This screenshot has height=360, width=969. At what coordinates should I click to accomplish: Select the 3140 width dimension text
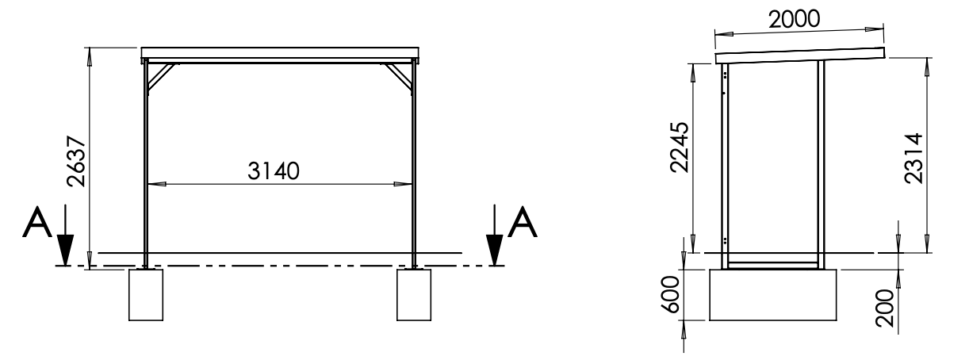274,171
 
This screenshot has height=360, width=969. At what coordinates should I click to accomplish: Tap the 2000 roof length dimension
795,20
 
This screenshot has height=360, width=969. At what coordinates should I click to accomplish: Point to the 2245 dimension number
679,147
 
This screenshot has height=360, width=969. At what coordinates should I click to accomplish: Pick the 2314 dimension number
914,159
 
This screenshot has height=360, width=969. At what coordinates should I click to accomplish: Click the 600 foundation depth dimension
671,295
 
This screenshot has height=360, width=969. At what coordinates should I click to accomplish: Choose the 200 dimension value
884,308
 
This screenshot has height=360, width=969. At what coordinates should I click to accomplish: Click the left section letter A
37,222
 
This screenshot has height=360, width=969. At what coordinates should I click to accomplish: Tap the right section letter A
522,222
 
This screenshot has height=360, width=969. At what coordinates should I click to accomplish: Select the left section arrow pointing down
65,235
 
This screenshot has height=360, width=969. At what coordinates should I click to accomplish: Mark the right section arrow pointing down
495,235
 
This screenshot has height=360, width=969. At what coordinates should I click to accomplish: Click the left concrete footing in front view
146,295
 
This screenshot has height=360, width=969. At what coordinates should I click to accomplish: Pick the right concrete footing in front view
414,295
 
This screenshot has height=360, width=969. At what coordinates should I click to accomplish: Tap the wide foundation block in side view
773,295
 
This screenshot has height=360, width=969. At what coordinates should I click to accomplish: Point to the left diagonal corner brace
161,78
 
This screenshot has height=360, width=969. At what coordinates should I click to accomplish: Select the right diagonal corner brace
397,78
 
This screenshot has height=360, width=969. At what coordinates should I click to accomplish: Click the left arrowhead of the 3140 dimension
156,184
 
